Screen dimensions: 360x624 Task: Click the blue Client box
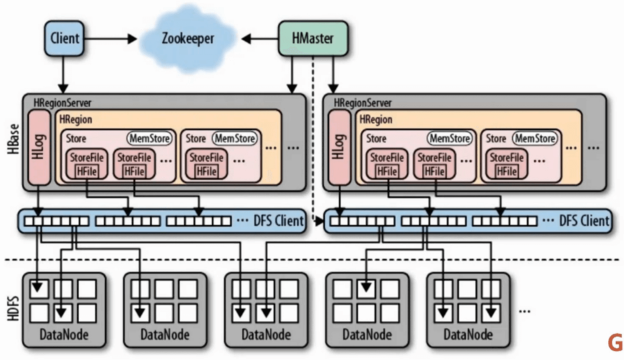(x=64, y=38)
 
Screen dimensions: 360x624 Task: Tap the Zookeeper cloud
(x=188, y=38)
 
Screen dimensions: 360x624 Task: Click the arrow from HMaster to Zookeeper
(x=260, y=38)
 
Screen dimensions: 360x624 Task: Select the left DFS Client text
(x=277, y=221)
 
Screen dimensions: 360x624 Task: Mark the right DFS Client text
(x=584, y=221)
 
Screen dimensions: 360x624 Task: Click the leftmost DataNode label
(x=64, y=334)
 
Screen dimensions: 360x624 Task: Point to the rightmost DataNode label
(x=468, y=334)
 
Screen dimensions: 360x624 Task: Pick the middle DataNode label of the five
(x=266, y=334)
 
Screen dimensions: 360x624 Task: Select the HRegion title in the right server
(x=375, y=120)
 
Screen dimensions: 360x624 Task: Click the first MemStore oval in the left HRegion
(x=149, y=139)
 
